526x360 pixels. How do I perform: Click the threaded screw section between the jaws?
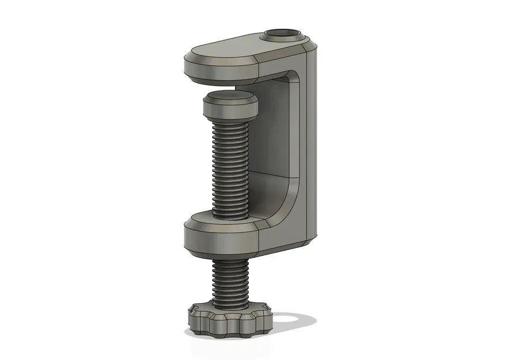[230, 167]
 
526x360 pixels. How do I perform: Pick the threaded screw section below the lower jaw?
[230, 279]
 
